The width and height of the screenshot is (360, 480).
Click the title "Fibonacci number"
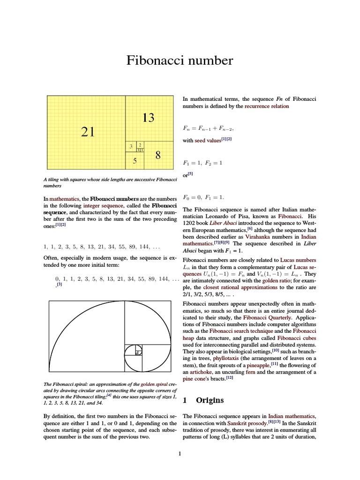[180, 60]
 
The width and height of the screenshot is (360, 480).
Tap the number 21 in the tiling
[88, 132]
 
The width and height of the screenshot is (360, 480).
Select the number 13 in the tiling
[148, 118]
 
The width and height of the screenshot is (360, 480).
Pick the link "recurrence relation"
[267, 106]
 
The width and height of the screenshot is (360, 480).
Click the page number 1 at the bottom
[180, 453]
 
